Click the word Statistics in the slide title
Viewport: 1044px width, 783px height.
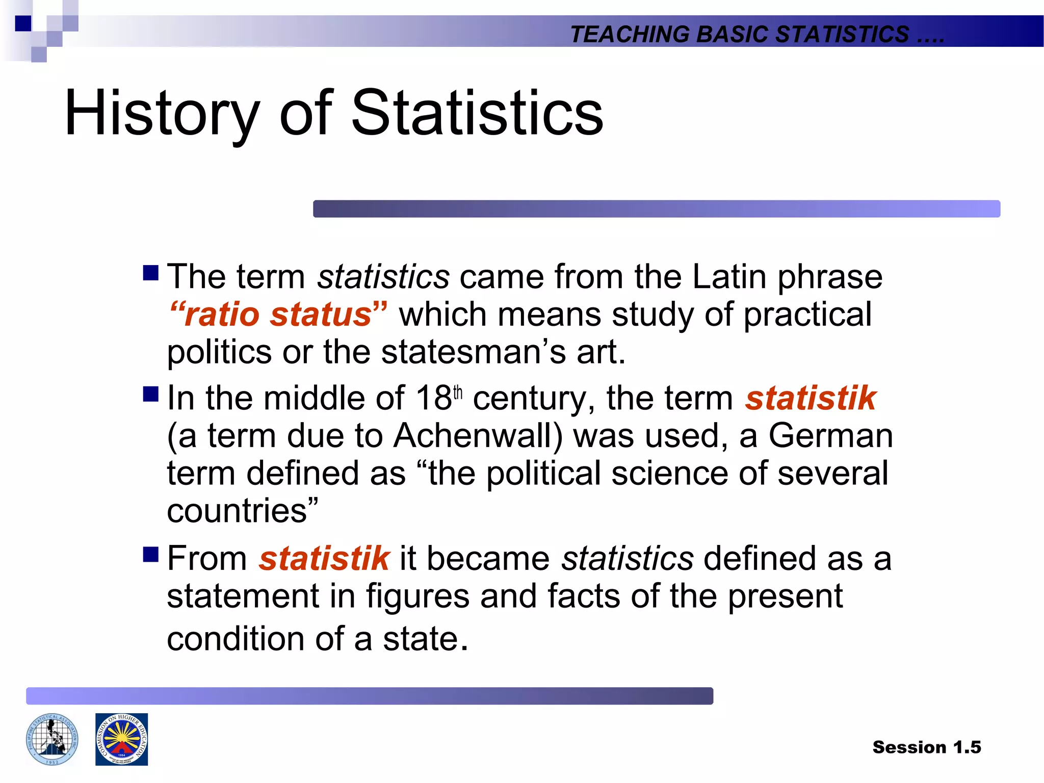click(x=477, y=113)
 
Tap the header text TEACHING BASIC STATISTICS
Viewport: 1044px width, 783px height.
click(x=739, y=34)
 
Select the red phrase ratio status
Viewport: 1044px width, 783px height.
click(x=278, y=314)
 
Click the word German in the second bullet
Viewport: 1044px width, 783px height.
click(x=830, y=436)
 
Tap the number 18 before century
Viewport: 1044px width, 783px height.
click(x=433, y=398)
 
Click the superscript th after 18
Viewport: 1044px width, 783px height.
click(x=458, y=393)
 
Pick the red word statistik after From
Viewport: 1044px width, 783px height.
click(x=324, y=558)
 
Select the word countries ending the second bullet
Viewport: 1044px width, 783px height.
click(x=238, y=511)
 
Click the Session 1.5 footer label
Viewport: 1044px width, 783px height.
click(x=926, y=747)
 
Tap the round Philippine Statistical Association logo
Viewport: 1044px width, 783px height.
click(x=52, y=739)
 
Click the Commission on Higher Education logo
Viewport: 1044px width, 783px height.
click(x=121, y=739)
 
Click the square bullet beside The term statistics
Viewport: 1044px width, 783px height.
click(x=151, y=273)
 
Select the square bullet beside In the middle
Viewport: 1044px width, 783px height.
click(x=151, y=395)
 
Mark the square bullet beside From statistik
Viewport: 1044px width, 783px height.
click(x=151, y=555)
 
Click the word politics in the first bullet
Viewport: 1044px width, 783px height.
click(x=219, y=352)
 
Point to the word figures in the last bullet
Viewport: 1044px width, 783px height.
click(x=418, y=596)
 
